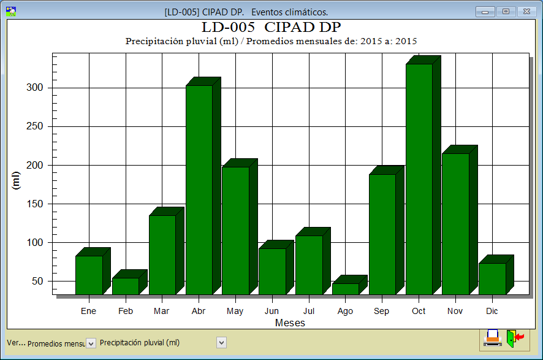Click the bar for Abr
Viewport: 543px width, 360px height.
(x=199, y=190)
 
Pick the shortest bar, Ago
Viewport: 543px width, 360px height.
(x=345, y=288)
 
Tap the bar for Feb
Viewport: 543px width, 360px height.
(x=125, y=286)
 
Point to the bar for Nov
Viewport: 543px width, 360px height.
(x=455, y=224)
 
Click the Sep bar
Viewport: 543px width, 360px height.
(x=382, y=234)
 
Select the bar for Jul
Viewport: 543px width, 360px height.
(x=308, y=265)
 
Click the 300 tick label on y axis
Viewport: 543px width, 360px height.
(x=35, y=88)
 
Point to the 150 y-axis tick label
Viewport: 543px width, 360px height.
(x=35, y=204)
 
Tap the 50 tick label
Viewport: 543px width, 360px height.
(x=37, y=281)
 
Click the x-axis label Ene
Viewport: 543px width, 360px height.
(x=89, y=311)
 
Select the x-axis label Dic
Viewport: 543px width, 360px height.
(x=492, y=311)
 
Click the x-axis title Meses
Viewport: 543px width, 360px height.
(x=290, y=323)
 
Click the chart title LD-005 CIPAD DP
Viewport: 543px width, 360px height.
(x=271, y=28)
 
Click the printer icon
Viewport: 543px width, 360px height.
(x=492, y=338)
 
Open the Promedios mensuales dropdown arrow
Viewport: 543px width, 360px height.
(x=91, y=343)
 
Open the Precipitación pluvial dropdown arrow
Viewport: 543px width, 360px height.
(x=221, y=343)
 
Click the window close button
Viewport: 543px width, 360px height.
(x=526, y=12)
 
